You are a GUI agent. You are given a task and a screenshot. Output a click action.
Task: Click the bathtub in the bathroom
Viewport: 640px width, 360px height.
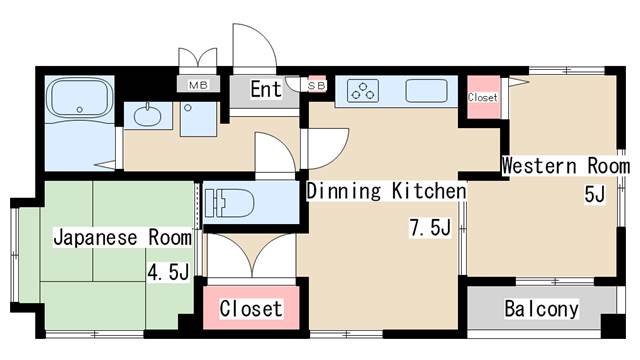point(80,101)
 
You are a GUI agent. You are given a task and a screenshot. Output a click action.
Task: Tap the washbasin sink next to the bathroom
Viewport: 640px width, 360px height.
point(146,115)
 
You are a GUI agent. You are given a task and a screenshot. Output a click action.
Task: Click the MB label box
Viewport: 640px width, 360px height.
point(197,87)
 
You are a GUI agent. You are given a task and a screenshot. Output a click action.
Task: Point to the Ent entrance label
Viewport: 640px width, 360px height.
point(265,90)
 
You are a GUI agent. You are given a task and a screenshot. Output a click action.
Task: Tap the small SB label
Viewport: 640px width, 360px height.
point(316,87)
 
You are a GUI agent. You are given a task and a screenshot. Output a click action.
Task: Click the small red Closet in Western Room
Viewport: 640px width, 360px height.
point(482,98)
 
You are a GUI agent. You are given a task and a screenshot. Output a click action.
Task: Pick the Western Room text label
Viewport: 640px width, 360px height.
point(565,164)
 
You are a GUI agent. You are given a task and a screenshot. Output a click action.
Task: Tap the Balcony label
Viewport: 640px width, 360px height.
point(541,309)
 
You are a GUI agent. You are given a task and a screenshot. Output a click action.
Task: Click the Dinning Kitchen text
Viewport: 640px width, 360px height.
point(386,191)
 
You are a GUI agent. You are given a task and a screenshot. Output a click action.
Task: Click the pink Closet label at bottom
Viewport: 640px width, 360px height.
point(250,308)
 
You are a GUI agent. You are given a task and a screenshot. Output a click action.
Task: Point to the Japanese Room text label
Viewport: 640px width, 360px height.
point(121,238)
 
